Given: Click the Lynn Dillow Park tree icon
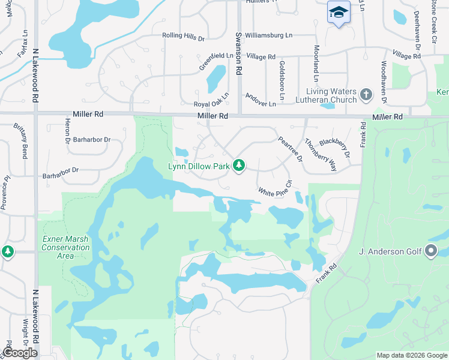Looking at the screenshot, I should (239, 165).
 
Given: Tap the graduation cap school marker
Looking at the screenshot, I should (339, 12).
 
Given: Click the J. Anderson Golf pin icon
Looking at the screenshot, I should (430, 251).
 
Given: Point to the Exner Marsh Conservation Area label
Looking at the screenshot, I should (66, 247).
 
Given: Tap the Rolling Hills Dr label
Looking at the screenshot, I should (183, 36).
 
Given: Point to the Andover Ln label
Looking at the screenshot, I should (259, 100).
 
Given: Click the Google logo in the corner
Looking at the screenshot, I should (20, 352).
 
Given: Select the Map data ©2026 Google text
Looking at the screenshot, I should (411, 355).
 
